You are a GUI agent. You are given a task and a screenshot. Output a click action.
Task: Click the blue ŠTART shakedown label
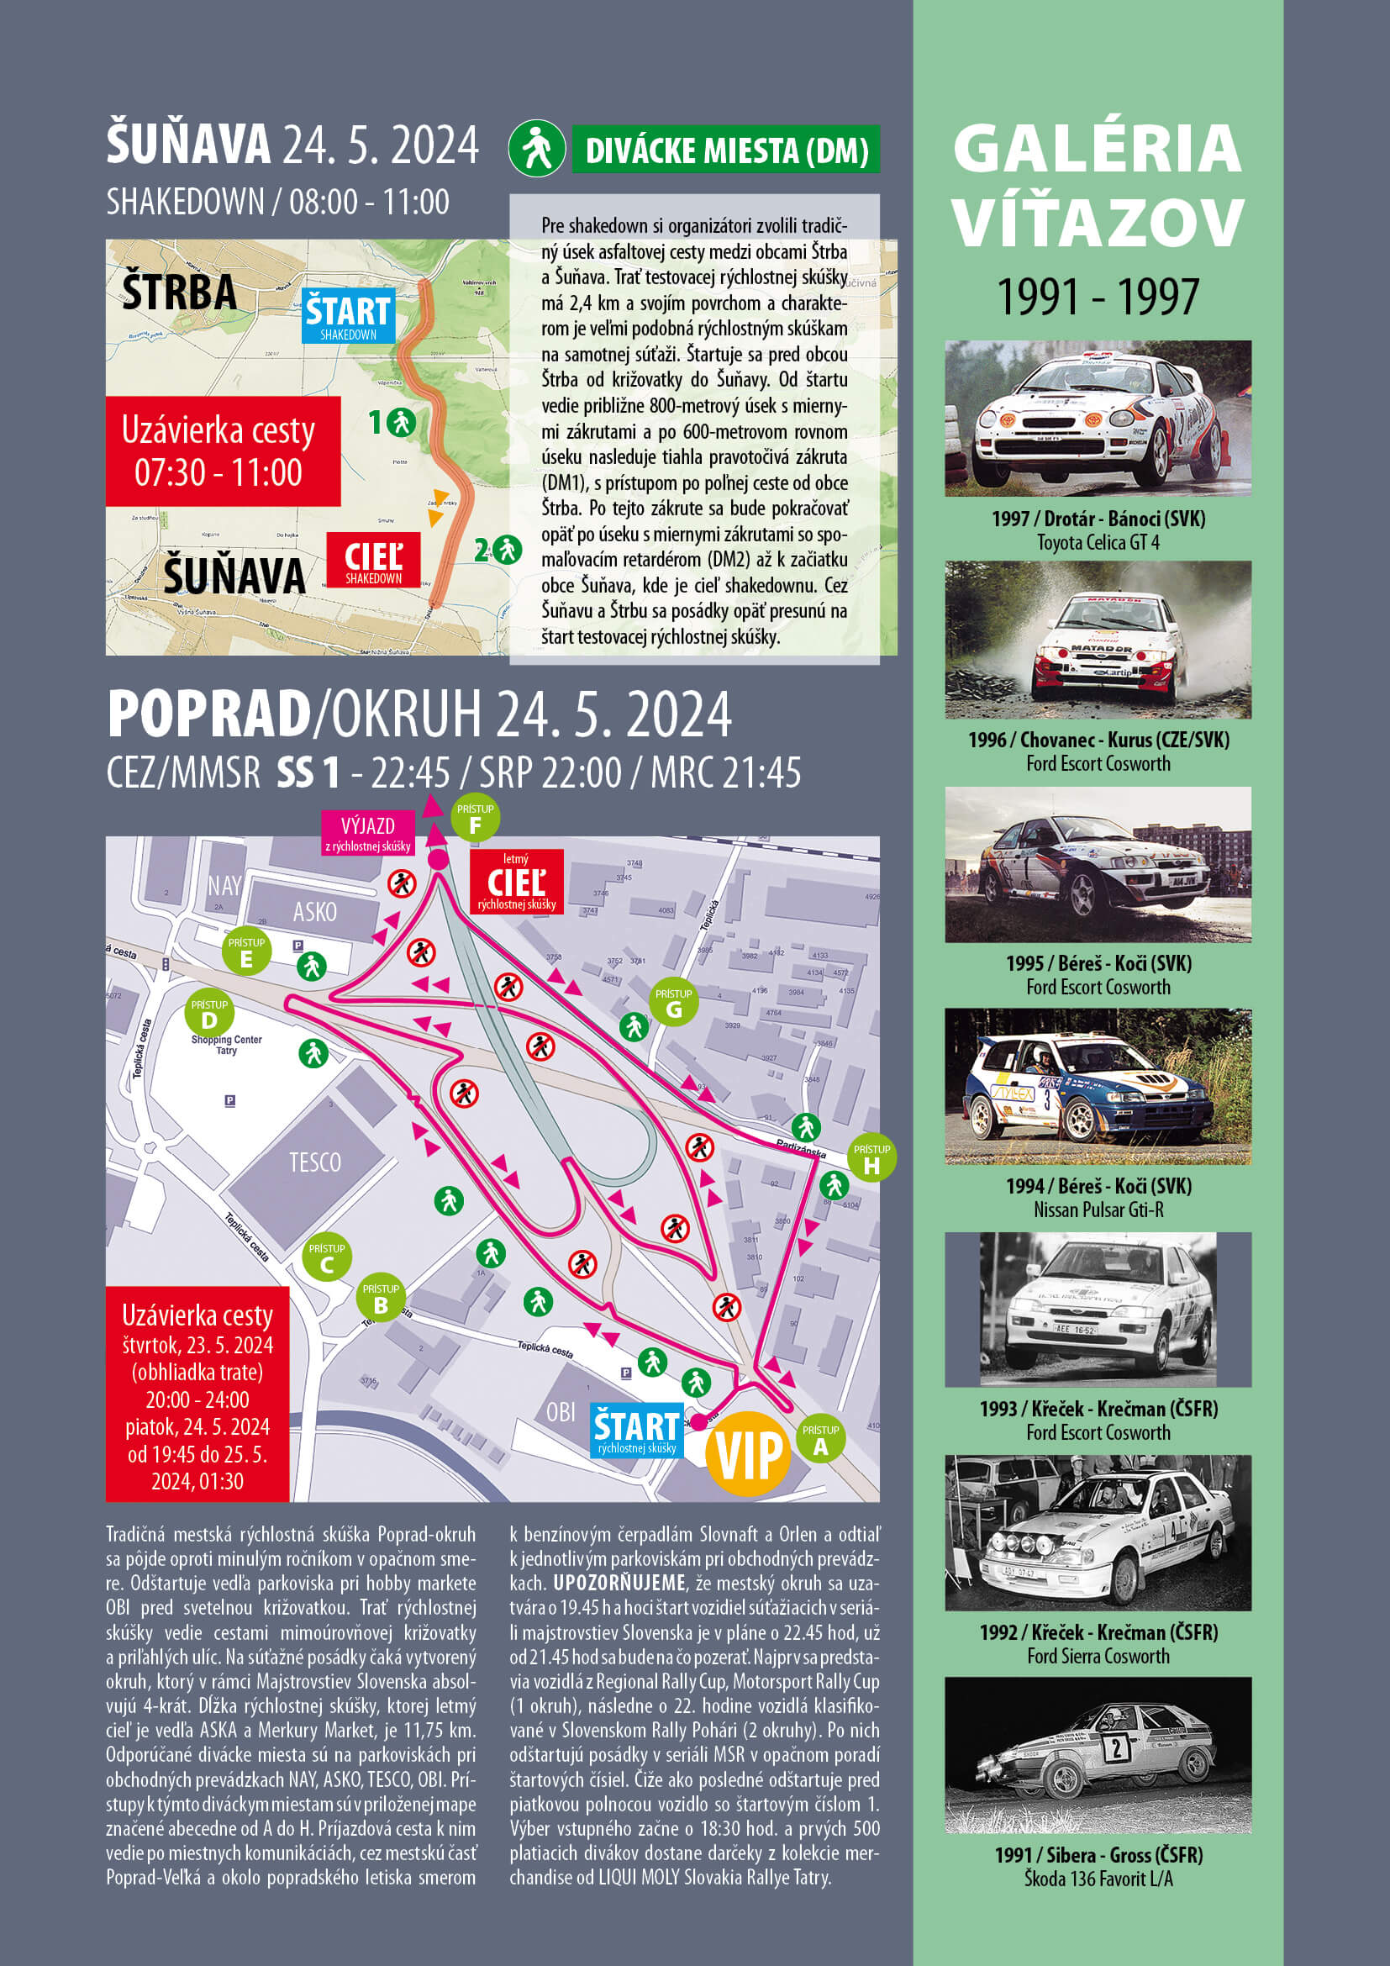(349, 316)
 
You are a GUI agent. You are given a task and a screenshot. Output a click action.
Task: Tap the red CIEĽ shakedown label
(373, 560)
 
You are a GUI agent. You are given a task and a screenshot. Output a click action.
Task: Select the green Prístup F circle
(475, 820)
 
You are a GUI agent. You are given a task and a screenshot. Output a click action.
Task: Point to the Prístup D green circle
(209, 1015)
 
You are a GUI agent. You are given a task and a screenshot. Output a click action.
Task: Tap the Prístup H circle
(871, 1159)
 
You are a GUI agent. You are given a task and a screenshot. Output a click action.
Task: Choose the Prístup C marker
(326, 1259)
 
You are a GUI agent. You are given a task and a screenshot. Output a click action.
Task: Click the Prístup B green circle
(381, 1299)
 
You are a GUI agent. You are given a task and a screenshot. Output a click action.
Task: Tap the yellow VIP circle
(748, 1454)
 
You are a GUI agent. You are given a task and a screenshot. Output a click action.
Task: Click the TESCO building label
(315, 1162)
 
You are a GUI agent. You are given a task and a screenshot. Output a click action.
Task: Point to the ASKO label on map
(315, 912)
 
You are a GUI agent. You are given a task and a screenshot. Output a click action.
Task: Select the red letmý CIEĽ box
(516, 881)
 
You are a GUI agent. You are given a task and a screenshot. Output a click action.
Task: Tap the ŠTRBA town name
(179, 291)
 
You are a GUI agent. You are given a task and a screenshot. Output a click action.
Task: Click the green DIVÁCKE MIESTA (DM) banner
(726, 150)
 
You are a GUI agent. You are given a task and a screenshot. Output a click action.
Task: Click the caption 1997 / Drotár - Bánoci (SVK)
(1098, 518)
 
